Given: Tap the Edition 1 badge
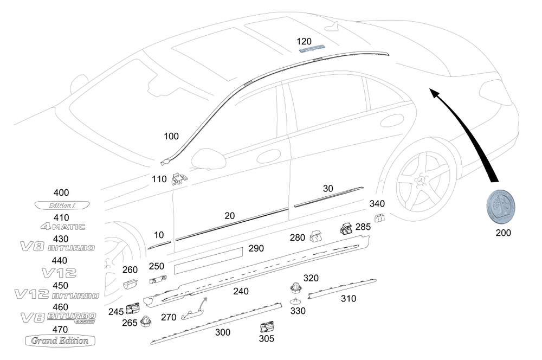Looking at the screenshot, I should (62, 205).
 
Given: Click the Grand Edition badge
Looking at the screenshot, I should (60, 340).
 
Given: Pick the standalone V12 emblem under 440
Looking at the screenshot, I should (60, 272).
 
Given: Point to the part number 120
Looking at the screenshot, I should (305, 41).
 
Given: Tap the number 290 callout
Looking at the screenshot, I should (256, 248).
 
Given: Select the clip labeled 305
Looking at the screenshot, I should (266, 327).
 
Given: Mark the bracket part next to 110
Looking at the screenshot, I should (178, 178).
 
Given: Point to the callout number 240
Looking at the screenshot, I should (241, 291).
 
